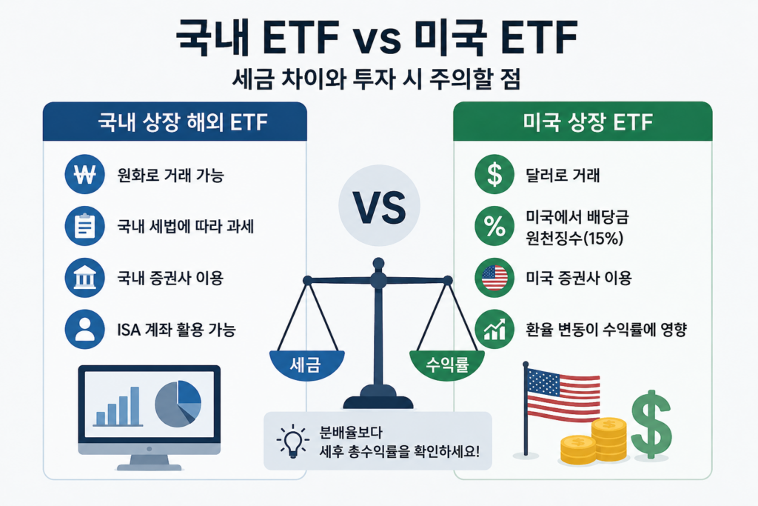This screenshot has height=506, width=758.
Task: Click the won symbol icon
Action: click(84, 174)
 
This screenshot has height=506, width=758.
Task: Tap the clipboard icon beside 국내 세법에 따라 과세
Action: click(84, 226)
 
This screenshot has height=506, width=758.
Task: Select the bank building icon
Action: click(84, 278)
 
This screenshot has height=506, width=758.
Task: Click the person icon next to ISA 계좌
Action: click(84, 330)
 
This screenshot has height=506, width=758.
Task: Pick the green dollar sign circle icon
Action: click(494, 174)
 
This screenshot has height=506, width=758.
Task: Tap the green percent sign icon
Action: click(494, 226)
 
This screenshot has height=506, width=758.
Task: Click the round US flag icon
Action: click(494, 278)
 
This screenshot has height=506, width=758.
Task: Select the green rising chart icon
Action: click(494, 330)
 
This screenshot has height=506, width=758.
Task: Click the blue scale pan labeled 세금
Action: click(306, 364)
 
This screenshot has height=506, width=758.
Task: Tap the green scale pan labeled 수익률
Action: click(447, 364)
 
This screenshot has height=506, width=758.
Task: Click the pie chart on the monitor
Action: click(178, 404)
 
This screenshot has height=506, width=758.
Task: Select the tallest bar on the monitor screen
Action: click(135, 406)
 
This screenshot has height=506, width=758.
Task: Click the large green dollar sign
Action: click(651, 425)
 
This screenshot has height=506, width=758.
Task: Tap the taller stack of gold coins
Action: click(609, 439)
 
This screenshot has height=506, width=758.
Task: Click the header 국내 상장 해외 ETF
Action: click(183, 122)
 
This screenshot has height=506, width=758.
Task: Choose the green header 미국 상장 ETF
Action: click(587, 122)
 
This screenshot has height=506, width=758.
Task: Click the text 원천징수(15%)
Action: click(574, 238)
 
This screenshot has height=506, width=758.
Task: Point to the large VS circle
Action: click(379, 206)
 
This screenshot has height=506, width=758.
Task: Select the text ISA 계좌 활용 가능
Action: click(176, 330)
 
